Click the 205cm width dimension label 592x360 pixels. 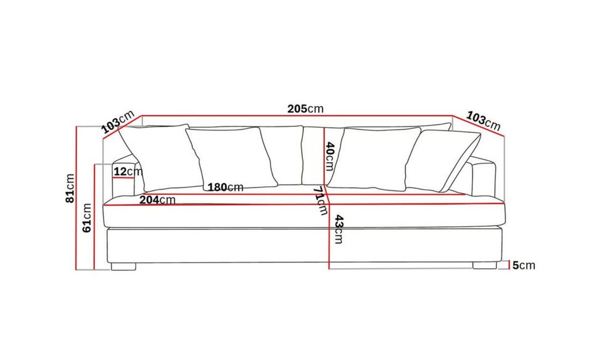(305, 108)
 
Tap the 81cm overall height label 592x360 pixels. (70, 188)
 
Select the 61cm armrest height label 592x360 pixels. (87, 218)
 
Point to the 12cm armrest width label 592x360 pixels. (128, 172)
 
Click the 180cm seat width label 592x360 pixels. (226, 187)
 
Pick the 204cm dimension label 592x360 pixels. (157, 200)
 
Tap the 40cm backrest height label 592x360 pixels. (329, 156)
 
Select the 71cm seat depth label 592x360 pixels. (320, 201)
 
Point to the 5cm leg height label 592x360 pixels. (524, 265)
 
